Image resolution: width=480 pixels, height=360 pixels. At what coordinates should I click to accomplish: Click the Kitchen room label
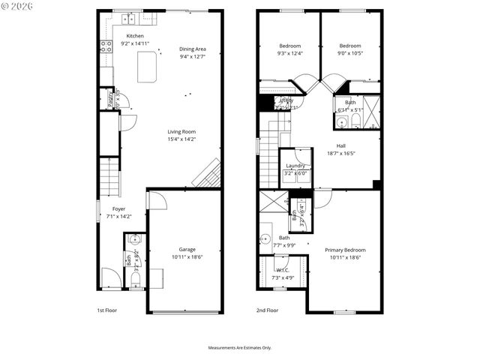(x=135, y=36)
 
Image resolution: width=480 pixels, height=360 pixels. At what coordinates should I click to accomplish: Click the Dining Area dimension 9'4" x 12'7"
(x=193, y=56)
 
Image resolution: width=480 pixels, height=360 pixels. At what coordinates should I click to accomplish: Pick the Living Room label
(x=181, y=131)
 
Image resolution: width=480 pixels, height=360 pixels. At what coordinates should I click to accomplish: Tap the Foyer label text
(x=118, y=208)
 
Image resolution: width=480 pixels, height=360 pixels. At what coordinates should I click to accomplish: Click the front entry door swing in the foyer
(x=109, y=277)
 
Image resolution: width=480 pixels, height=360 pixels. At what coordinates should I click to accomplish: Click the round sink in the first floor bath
(x=135, y=240)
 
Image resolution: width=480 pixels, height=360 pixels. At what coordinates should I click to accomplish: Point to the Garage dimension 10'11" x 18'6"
(x=187, y=256)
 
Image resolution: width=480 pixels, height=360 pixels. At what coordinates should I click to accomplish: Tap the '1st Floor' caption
(x=106, y=310)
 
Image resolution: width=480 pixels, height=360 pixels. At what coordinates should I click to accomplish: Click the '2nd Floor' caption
(x=267, y=310)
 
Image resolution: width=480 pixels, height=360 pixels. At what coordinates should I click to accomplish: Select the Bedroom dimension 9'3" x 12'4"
(x=289, y=53)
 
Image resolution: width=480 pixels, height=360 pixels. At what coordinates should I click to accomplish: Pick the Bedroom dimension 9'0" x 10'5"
(x=349, y=53)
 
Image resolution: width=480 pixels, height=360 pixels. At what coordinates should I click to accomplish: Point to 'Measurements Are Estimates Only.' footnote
(x=240, y=347)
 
